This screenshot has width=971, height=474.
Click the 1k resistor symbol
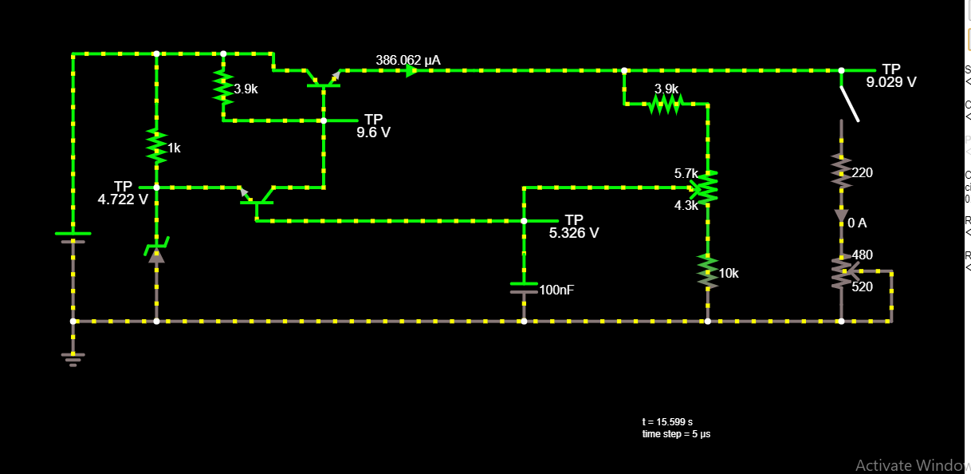pyautogui.click(x=156, y=147)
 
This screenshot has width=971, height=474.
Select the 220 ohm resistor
pyautogui.click(x=841, y=171)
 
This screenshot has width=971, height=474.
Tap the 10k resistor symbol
pyautogui.click(x=707, y=271)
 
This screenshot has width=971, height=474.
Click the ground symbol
pyautogui.click(x=73, y=358)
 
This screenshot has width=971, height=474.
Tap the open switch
pyautogui.click(x=849, y=104)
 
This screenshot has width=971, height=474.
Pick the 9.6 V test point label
pyautogui.click(x=373, y=132)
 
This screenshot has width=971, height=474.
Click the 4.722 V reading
pyautogui.click(x=123, y=199)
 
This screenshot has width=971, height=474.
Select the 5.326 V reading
pyautogui.click(x=574, y=233)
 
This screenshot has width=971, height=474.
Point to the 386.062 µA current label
pyautogui.click(x=407, y=60)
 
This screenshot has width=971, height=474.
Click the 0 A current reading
pyautogui.click(x=857, y=223)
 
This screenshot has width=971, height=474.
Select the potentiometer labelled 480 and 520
pyautogui.click(x=841, y=272)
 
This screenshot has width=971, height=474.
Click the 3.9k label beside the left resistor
pyautogui.click(x=246, y=89)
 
